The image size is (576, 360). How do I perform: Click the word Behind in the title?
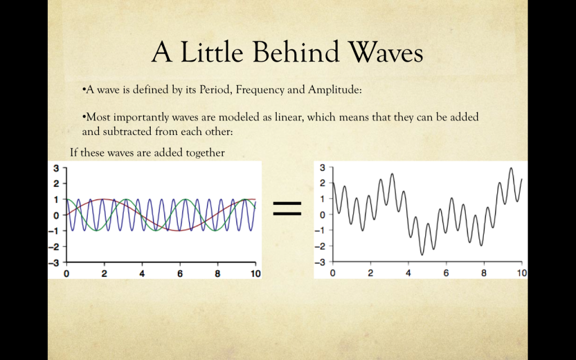(296, 52)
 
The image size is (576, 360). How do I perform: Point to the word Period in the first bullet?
(215, 89)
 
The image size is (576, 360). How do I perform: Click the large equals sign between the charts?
(287, 209)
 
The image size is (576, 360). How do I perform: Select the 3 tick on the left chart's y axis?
(56, 169)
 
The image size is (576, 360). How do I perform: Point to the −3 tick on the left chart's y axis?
(53, 263)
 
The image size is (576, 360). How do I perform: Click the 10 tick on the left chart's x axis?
(256, 274)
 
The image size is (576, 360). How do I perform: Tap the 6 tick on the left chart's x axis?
(180, 274)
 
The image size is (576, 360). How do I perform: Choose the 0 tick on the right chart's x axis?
(332, 273)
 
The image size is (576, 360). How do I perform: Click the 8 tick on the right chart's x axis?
(484, 273)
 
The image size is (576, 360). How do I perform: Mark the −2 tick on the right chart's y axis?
(320, 246)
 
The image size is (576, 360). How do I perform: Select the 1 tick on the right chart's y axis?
(322, 199)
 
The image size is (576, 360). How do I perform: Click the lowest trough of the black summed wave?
(422, 255)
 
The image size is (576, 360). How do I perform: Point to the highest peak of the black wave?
(511, 168)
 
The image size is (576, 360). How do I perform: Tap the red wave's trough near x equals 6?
(179, 230)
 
